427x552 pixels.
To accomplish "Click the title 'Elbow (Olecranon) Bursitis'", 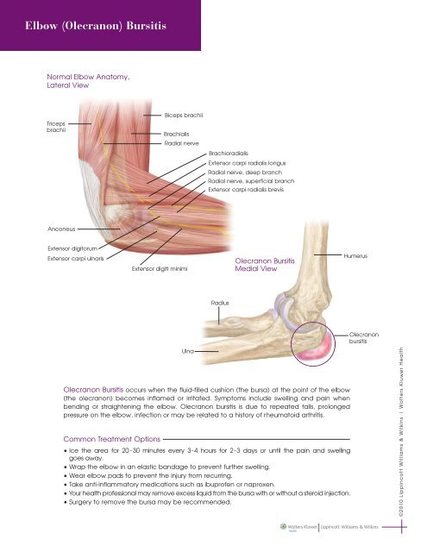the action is pyautogui.click(x=96, y=26).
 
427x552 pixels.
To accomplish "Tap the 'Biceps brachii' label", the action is pyautogui.click(x=184, y=115).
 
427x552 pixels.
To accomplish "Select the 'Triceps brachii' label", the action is pyautogui.click(x=56, y=127).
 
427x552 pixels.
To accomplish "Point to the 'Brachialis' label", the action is pyautogui.click(x=176, y=134).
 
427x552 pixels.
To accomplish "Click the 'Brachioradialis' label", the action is pyautogui.click(x=228, y=154).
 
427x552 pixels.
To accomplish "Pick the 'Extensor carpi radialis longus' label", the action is pyautogui.click(x=247, y=163).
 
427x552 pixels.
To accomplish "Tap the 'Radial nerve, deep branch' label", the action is pyautogui.click(x=245, y=172).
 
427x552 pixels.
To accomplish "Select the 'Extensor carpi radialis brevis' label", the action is pyautogui.click(x=246, y=190).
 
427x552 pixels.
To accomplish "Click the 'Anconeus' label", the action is pyautogui.click(x=61, y=229).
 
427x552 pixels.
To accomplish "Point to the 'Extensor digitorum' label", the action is pyautogui.click(x=72, y=248).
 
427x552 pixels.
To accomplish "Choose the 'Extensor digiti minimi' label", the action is pyautogui.click(x=160, y=268).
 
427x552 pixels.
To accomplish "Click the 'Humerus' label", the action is pyautogui.click(x=355, y=256).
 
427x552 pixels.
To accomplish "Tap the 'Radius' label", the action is pyautogui.click(x=220, y=303).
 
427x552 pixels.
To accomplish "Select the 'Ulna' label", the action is pyautogui.click(x=188, y=351).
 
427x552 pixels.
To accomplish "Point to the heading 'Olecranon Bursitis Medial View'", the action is pyautogui.click(x=265, y=265).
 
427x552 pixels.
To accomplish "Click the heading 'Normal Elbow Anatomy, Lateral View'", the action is pyautogui.click(x=88, y=81).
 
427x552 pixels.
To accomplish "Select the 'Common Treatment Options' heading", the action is pyautogui.click(x=112, y=439).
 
